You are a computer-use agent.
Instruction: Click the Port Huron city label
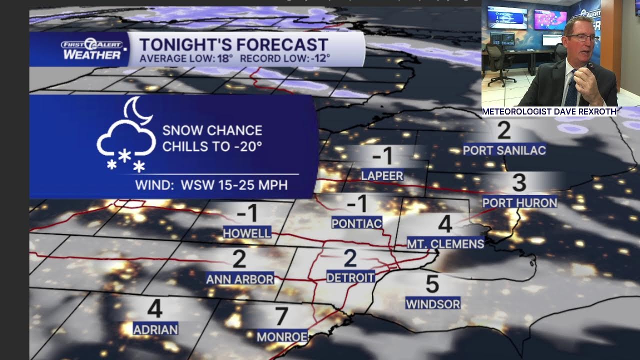[x=519, y=202]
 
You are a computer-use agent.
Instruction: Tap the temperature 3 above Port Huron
[x=519, y=183]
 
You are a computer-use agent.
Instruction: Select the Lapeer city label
[x=382, y=175]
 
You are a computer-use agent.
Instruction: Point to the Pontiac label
[x=356, y=223]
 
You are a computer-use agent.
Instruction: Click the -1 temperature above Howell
[x=247, y=213]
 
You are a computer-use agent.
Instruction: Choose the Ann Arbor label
[x=240, y=279]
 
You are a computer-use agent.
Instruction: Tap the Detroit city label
[x=350, y=277]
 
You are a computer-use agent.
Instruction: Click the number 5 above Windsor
[x=432, y=284]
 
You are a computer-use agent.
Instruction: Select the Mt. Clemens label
[x=445, y=243]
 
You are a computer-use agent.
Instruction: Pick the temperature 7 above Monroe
[x=281, y=316]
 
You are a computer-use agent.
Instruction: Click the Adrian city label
[x=155, y=329]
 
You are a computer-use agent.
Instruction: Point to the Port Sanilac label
[x=504, y=150]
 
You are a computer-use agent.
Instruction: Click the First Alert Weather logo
[x=92, y=49]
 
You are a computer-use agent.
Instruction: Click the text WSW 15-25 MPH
[x=234, y=185]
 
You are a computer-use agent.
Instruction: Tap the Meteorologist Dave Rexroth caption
[x=549, y=111]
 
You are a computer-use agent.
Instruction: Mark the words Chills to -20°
[x=212, y=146]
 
